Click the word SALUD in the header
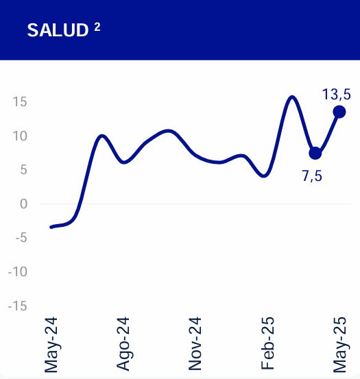(x=58, y=31)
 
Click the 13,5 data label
(x=337, y=94)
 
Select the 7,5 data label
(x=312, y=175)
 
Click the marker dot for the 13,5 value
(x=339, y=112)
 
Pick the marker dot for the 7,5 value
(x=315, y=153)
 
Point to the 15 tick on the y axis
(x=19, y=102)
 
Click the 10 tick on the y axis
(x=19, y=136)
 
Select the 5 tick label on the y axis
(x=23, y=170)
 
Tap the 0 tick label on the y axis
(x=23, y=204)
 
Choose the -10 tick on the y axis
(x=16, y=271)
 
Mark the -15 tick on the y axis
(x=16, y=306)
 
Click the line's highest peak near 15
(x=292, y=97)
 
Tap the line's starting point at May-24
(x=51, y=227)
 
